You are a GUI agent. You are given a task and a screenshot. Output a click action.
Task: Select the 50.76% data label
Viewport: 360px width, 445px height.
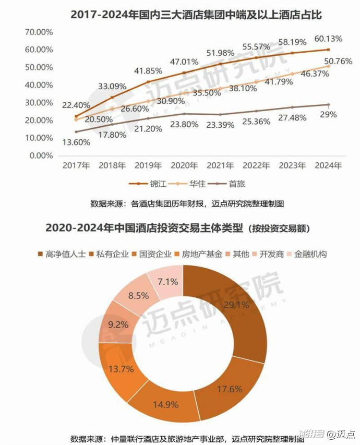point(338,62)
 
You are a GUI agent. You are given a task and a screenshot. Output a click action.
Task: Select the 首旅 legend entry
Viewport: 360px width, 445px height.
point(236,184)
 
